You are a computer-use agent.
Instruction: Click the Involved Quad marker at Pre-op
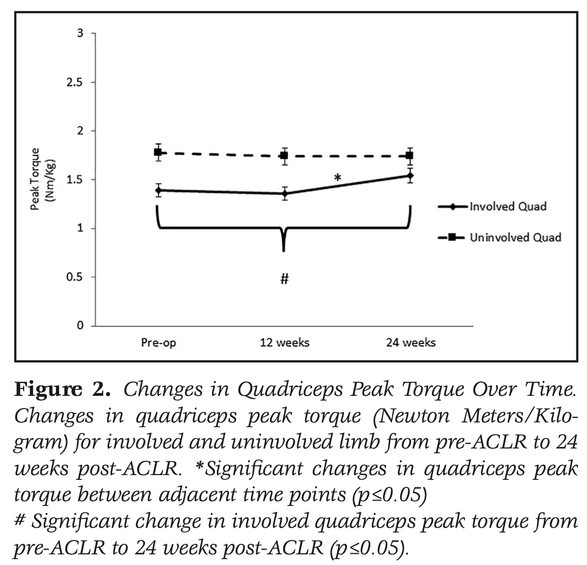point(158,190)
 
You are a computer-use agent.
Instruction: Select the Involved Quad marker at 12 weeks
point(284,193)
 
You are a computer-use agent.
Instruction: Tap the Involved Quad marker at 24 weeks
point(410,176)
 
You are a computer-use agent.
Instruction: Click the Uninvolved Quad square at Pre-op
point(158,153)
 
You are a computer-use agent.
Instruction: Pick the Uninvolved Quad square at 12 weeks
point(284,156)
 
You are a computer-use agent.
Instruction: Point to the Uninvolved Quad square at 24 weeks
point(410,155)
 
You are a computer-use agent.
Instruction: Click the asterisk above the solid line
point(337,178)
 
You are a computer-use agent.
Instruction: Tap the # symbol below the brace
point(284,279)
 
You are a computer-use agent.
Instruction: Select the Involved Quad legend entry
point(507,207)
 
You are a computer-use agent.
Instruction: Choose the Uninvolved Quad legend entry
point(515,238)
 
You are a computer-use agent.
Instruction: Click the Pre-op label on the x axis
point(158,343)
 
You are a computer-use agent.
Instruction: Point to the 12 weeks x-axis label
point(284,343)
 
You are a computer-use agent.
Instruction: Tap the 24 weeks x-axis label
point(410,343)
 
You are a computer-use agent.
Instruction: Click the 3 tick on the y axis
point(80,34)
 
